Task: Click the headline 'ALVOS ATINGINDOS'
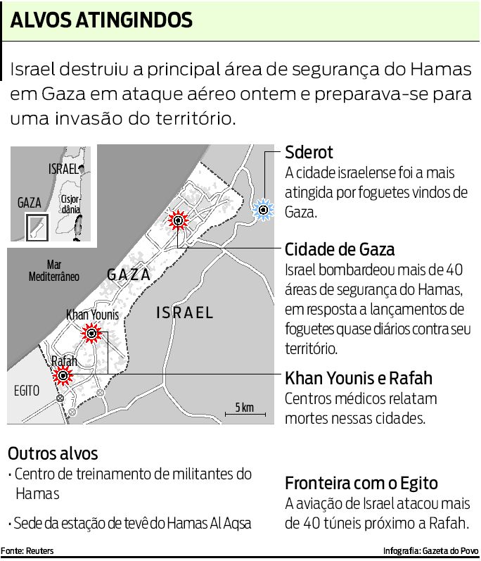[102, 21]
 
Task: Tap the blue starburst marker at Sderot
[263, 209]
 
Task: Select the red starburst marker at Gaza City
[178, 221]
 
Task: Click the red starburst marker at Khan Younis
[91, 333]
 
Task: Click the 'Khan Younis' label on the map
[92, 315]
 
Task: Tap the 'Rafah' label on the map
[64, 361]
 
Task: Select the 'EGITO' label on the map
[27, 390]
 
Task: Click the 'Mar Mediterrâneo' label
[54, 271]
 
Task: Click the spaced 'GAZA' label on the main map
[129, 275]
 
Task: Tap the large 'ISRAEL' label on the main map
[184, 313]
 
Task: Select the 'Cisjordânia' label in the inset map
[70, 204]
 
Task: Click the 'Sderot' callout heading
[309, 153]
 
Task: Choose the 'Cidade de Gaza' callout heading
[340, 249]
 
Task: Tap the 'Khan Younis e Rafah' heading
[359, 378]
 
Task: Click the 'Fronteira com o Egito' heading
[361, 484]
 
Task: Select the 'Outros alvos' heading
[53, 453]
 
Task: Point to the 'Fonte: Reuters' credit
[27, 550]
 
